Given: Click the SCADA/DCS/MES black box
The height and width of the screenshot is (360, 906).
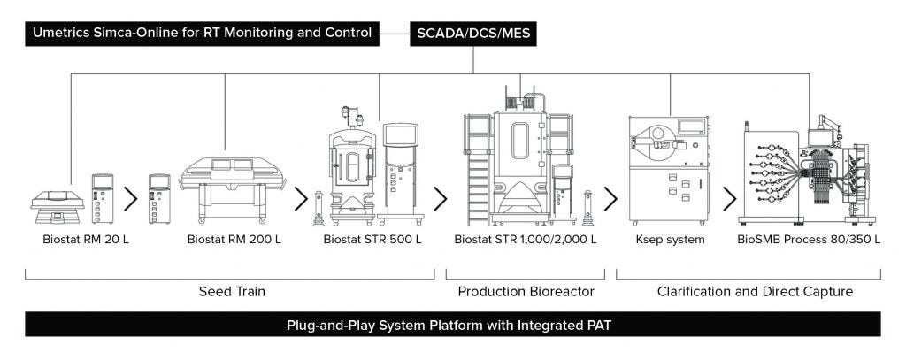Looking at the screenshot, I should [x=473, y=34].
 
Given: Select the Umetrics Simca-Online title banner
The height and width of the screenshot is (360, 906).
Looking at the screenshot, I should [x=203, y=34].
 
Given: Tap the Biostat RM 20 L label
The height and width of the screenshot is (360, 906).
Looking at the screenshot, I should [x=86, y=239].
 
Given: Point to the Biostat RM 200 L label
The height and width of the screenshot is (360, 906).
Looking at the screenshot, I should [x=234, y=239].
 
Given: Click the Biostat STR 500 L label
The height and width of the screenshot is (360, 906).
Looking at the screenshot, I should [x=372, y=239].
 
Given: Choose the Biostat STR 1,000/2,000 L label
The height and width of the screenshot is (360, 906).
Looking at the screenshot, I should [x=526, y=239].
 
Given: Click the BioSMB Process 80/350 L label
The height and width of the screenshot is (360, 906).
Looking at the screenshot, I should [x=809, y=239].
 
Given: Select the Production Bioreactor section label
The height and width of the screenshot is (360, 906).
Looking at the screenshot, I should [x=526, y=291].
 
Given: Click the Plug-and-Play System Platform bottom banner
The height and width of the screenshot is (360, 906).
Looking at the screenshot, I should [x=452, y=325].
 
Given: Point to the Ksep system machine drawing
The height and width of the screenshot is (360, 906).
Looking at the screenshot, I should [x=668, y=168].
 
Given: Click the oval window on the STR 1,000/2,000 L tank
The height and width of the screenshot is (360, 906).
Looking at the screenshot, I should [x=520, y=142].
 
